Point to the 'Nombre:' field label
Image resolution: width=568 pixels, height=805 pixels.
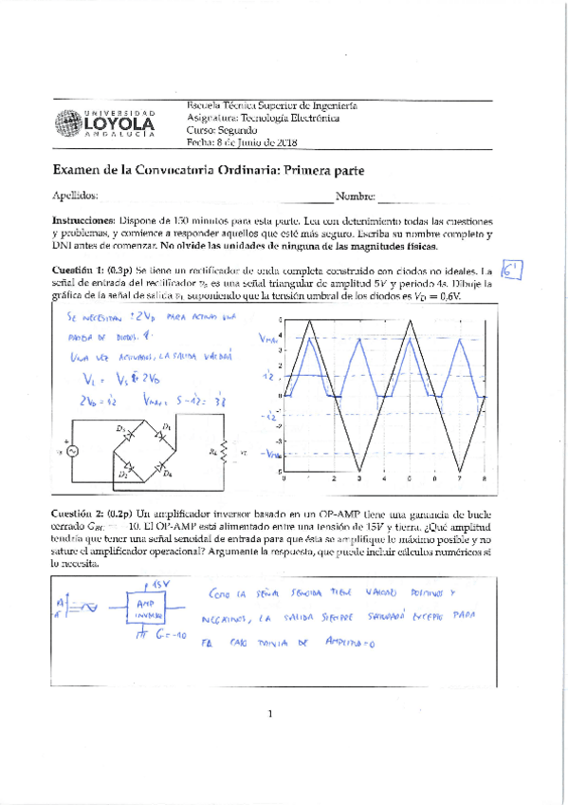tap(356, 197)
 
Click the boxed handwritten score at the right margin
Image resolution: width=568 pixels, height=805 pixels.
tap(513, 271)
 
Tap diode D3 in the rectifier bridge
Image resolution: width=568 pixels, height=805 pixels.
tap(124, 430)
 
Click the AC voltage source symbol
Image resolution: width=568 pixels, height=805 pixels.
tap(69, 450)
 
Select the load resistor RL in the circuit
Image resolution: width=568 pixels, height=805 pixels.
tap(224, 449)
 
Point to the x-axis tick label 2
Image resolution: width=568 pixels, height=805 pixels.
tap(335, 481)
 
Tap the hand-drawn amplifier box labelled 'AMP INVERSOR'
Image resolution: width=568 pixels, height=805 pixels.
tap(146, 608)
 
